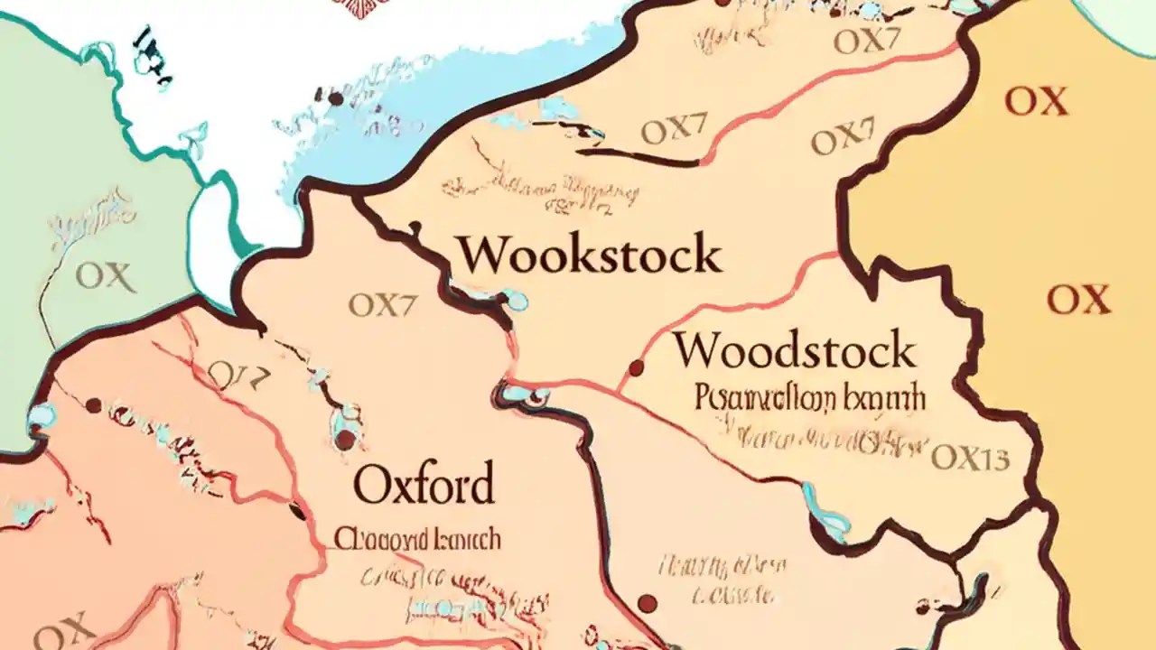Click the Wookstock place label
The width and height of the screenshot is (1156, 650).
(x=590, y=255)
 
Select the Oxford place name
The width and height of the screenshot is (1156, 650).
(x=424, y=485)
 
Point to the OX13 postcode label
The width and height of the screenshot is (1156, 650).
(x=970, y=458)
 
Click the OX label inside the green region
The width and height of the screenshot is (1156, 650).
(x=106, y=276)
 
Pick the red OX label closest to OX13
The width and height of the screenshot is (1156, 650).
(x=1077, y=299)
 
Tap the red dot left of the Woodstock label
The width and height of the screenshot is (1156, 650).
(x=636, y=367)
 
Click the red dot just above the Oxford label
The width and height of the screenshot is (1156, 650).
(x=345, y=440)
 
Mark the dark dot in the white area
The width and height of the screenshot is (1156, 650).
(x=336, y=97)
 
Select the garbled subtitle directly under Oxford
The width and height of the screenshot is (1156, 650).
(x=417, y=539)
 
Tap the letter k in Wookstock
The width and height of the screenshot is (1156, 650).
(x=579, y=255)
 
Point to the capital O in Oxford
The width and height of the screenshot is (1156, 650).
(x=371, y=485)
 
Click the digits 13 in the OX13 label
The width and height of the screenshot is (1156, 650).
(x=992, y=458)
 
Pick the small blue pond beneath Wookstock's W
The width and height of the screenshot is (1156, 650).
(x=515, y=300)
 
